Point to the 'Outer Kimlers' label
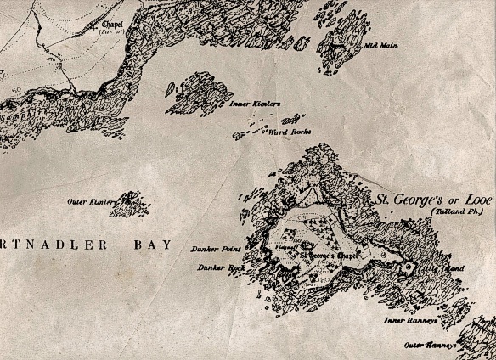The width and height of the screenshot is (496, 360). click(x=91, y=201)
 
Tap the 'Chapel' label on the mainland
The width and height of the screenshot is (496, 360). click(x=112, y=25)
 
